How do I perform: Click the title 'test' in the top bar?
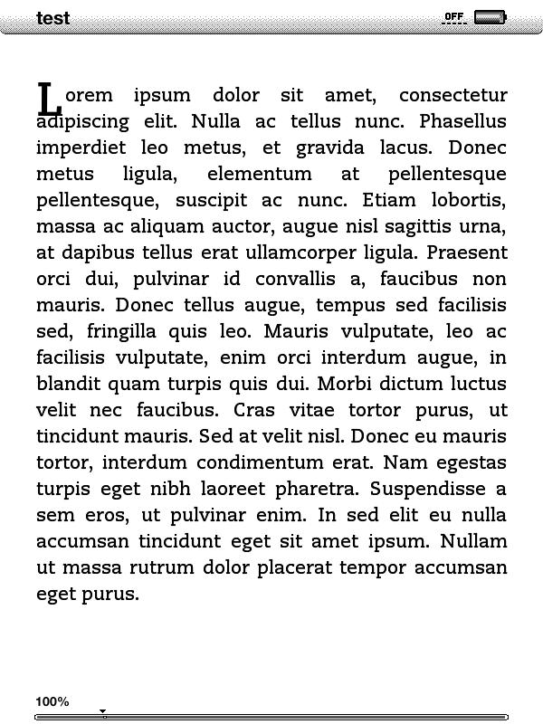tap(52, 18)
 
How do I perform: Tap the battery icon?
tap(490, 17)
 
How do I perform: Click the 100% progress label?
tap(52, 701)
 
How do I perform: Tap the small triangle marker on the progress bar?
tap(103, 713)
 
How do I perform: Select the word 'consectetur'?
tap(452, 95)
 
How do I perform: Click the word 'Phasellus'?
tap(463, 121)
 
